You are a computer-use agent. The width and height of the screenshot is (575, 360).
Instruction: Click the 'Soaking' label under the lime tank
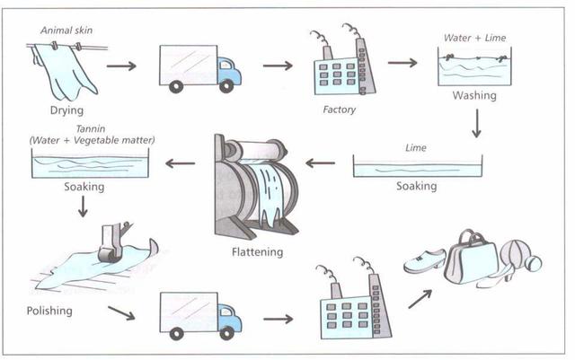point(416,187)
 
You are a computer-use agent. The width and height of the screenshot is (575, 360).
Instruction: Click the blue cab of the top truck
point(228,69)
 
